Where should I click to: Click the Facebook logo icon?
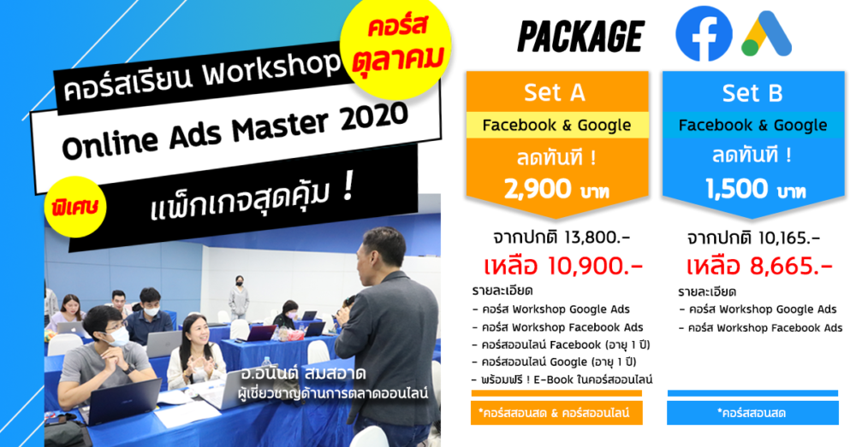(704, 33)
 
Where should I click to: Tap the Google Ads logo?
(766, 34)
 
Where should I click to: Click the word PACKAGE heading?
(581, 36)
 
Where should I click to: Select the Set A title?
(555, 92)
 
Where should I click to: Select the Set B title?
(752, 93)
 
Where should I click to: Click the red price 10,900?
(595, 266)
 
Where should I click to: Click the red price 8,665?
(791, 266)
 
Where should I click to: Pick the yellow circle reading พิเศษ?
(75, 207)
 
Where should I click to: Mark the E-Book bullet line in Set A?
(562, 379)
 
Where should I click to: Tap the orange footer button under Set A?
(556, 413)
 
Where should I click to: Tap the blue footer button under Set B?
(752, 413)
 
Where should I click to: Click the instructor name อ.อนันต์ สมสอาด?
(303, 374)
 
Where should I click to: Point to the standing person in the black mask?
(239, 297)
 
